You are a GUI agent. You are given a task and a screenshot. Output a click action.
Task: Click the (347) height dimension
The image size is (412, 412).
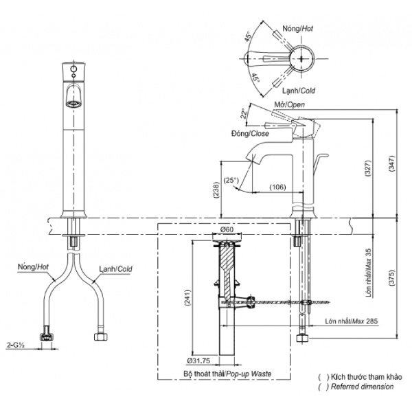point(391,163)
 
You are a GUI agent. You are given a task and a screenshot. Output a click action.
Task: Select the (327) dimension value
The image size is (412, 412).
point(368,168)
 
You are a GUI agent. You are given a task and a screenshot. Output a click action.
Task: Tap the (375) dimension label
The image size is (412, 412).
point(391,278)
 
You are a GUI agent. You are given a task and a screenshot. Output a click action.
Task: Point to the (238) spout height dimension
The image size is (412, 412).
point(217,190)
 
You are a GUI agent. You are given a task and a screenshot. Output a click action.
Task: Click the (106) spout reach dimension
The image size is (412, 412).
point(277,187)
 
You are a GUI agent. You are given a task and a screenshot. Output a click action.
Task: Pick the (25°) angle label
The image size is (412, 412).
point(231,181)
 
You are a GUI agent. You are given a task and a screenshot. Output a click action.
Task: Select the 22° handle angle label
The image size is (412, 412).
point(244,113)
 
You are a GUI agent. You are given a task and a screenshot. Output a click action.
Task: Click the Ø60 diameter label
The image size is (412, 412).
point(227,229)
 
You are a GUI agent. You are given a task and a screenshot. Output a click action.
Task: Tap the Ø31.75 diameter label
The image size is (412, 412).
point(198,360)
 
